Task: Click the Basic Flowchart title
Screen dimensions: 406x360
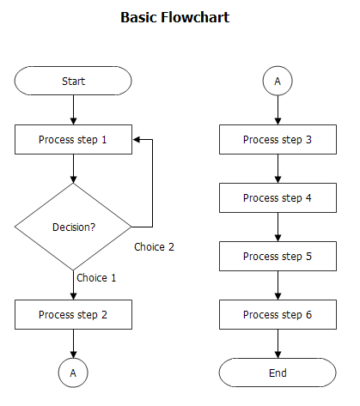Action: tap(175, 17)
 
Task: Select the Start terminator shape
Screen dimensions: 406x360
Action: tap(73, 82)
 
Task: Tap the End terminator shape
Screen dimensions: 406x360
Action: tap(278, 373)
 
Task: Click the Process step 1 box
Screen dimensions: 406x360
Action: tap(73, 139)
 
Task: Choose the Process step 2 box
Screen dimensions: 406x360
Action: tap(73, 315)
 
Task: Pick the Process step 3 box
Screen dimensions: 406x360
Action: tap(278, 139)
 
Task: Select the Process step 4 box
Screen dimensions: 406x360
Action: tap(278, 198)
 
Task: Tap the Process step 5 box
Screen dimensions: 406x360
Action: tap(278, 257)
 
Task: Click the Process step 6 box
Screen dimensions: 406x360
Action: tap(278, 315)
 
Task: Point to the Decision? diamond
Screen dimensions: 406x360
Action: tap(73, 227)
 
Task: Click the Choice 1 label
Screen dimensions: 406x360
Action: tap(96, 278)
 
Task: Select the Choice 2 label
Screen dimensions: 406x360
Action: tap(155, 247)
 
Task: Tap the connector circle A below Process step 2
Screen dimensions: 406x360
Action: tap(73, 373)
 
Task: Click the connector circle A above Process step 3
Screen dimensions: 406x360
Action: tap(278, 82)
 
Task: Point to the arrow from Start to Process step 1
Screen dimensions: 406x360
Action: tap(73, 110)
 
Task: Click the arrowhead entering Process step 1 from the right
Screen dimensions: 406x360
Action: tap(137, 139)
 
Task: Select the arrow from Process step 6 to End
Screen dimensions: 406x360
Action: tap(278, 344)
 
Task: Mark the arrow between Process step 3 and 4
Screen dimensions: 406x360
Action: tap(278, 169)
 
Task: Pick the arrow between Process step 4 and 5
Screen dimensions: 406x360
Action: tap(278, 227)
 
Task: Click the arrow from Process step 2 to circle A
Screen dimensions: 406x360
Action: tap(73, 344)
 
